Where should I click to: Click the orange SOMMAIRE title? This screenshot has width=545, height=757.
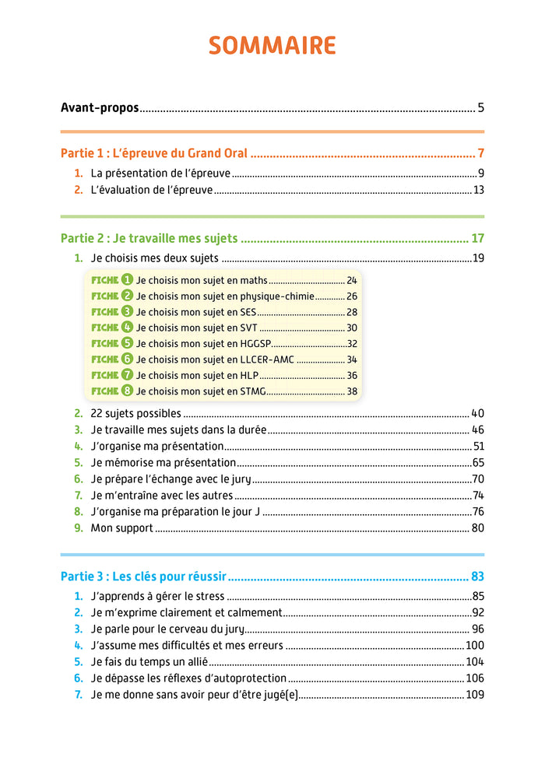coord(272,46)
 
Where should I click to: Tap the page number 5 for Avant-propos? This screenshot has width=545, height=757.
coord(481,108)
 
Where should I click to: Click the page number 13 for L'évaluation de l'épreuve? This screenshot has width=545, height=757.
coord(478,190)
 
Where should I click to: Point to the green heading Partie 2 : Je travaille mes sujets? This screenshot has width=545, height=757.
coord(149,238)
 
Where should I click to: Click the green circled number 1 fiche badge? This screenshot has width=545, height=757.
coord(128,280)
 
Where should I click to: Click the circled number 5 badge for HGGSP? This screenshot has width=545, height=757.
coord(128,343)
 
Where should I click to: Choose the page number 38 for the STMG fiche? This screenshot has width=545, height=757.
coord(352,391)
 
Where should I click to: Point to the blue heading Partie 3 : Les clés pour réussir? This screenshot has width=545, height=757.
coord(143,577)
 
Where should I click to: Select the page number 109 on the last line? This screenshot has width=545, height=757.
coord(474,695)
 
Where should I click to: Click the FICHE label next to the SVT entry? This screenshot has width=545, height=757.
coord(105,328)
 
